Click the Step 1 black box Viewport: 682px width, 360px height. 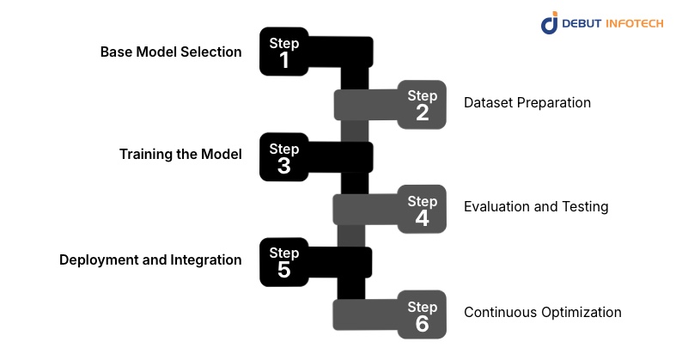tap(284, 52)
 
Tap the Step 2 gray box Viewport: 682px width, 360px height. tap(422, 104)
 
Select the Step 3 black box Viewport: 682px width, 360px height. tap(284, 157)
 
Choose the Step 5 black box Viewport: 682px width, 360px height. tap(284, 261)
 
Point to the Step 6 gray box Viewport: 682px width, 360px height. tap(422, 314)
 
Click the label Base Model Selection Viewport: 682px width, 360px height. tap(171, 52)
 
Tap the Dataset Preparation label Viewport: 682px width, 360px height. tap(527, 103)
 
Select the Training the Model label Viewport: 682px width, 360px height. tap(180, 155)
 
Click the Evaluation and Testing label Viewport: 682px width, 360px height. tap(536, 207)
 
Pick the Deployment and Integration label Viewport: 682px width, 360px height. tap(150, 259)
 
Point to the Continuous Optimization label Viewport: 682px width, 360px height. tap(543, 312)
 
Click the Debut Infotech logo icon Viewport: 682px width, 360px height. tap(549, 23)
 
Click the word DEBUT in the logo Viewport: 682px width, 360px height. tap(583, 23)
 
